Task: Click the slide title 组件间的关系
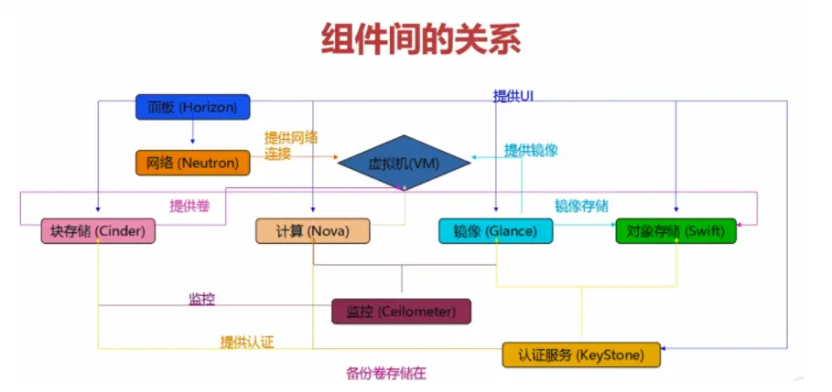click(x=421, y=39)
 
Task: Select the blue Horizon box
click(x=192, y=108)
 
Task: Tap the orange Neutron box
click(x=192, y=164)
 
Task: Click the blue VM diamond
click(x=404, y=164)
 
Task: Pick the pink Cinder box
click(x=99, y=231)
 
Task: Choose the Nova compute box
click(x=313, y=231)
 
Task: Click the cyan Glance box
click(x=495, y=231)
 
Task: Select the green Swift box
click(x=676, y=231)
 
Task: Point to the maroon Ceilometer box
click(x=401, y=312)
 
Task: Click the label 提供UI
click(x=513, y=96)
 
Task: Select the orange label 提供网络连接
click(x=291, y=146)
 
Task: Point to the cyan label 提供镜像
click(x=531, y=150)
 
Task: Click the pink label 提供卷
click(x=189, y=207)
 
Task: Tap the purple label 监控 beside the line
click(x=202, y=300)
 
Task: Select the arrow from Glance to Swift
click(x=584, y=223)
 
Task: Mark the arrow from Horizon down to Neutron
click(x=192, y=133)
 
